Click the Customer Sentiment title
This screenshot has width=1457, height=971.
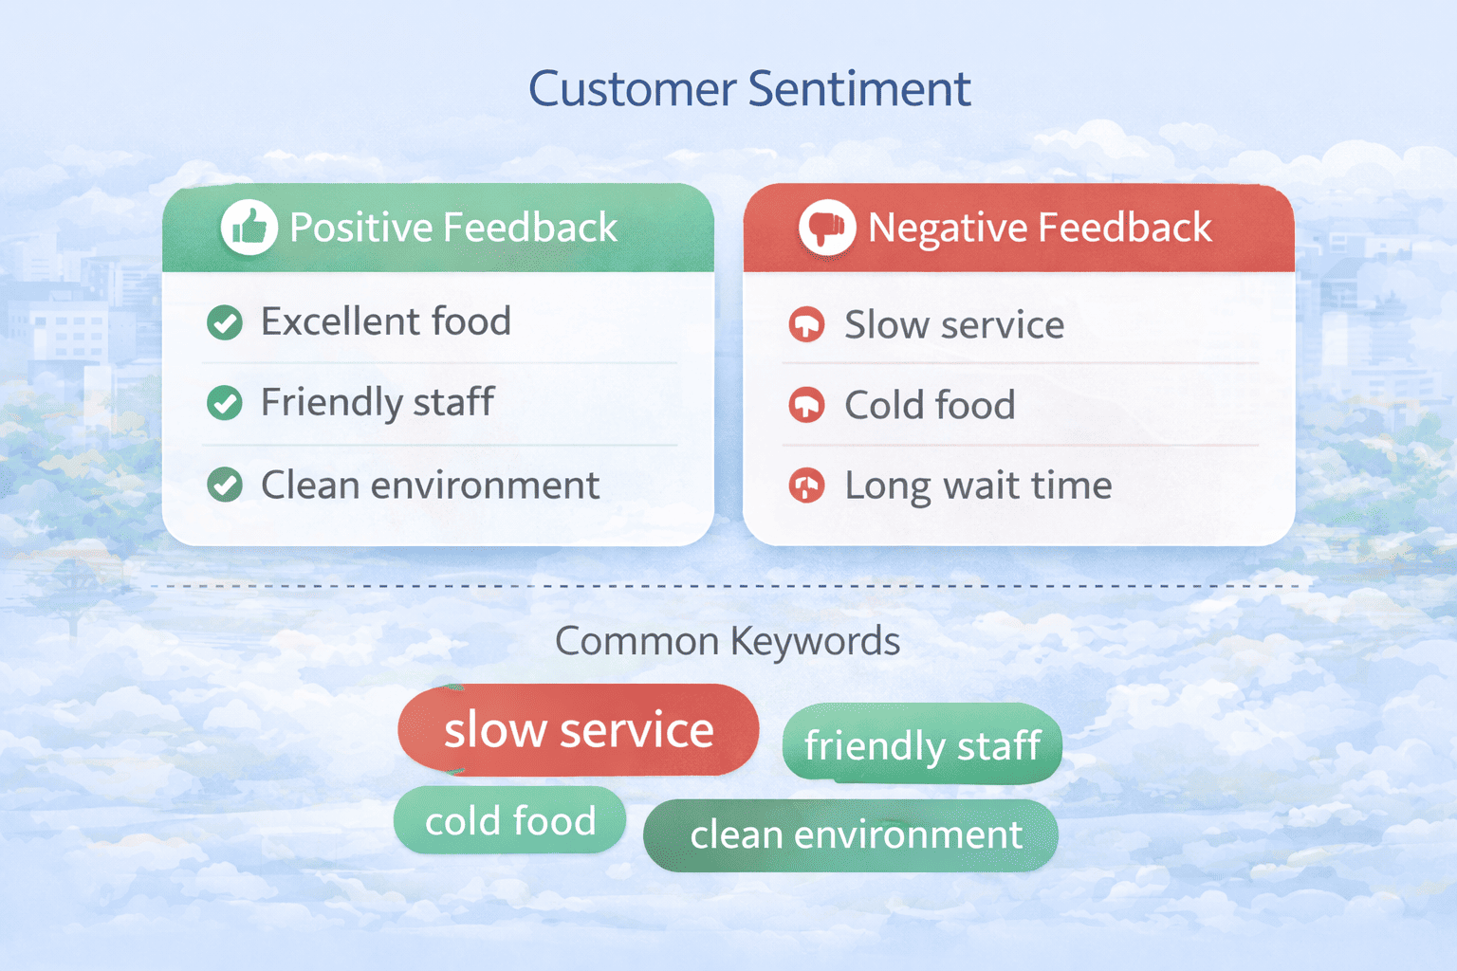749,89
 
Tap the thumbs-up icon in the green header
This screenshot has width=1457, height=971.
249,228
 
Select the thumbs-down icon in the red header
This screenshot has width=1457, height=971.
827,228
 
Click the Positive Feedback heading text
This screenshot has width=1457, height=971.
453,228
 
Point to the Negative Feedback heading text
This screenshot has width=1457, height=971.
1040,228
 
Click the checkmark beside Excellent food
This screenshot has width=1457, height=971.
225,322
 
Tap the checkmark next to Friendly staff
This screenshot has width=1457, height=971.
225,403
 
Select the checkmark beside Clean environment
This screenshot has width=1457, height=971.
225,485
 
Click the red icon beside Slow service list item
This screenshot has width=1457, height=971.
806,324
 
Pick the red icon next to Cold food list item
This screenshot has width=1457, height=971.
806,405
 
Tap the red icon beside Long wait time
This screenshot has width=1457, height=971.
806,486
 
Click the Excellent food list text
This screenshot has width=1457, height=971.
386,321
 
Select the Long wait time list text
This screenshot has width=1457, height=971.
978,486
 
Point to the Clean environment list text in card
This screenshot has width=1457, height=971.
430,485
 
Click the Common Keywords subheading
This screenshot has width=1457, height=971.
728,641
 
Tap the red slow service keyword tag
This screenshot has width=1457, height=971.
579,730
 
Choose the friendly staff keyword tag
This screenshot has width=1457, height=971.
922,744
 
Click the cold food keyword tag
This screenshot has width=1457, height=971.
510,820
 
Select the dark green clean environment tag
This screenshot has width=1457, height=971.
851,835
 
